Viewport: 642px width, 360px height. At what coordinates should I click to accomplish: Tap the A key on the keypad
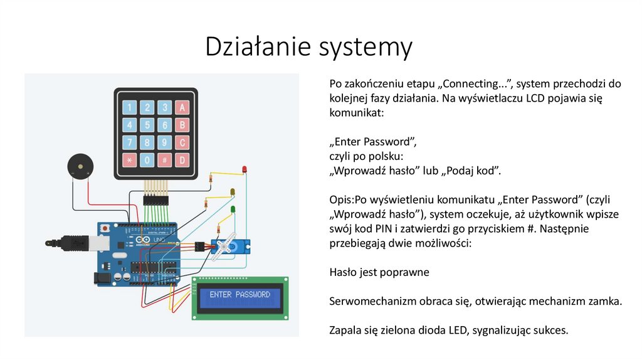pos(182,108)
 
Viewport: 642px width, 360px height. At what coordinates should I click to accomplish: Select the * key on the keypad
pos(129,160)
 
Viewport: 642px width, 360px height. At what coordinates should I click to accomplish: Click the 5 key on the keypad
pos(147,125)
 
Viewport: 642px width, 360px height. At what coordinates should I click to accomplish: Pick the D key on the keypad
pos(182,160)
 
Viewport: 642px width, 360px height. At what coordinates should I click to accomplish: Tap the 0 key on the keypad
pos(147,160)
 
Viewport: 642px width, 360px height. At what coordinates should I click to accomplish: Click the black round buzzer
pos(80,166)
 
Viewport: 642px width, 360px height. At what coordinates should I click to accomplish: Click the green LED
pos(233,209)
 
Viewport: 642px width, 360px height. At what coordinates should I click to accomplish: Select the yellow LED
pos(233,191)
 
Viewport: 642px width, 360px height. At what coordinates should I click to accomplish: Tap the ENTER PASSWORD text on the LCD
pos(240,295)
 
